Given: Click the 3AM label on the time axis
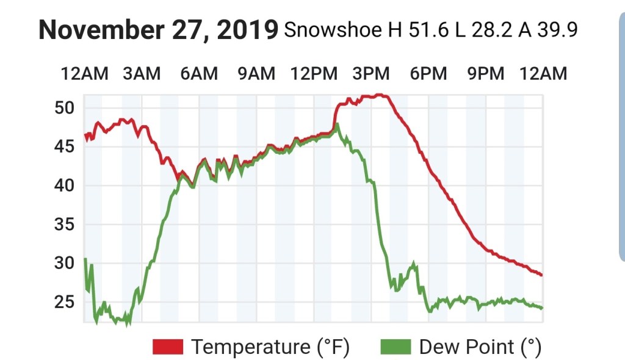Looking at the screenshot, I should click(142, 74).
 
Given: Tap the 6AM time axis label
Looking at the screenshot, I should click(199, 74).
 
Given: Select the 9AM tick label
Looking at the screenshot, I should click(256, 74).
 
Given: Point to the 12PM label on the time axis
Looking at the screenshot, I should click(314, 74).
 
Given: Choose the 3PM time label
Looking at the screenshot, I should click(371, 74).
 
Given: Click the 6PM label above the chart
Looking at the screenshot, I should click(428, 74).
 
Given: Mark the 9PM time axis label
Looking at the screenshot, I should click(486, 74).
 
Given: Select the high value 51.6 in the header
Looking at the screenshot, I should click(425, 30).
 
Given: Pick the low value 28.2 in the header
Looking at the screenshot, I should click(487, 30).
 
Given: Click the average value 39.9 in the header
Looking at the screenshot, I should click(557, 30).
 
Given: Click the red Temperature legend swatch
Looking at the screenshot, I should click(168, 347).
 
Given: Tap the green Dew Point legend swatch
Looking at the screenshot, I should click(396, 347).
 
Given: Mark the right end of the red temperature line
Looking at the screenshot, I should click(541, 275).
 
